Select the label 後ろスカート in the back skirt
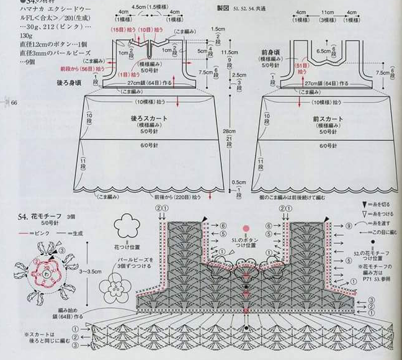tap(147, 117)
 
